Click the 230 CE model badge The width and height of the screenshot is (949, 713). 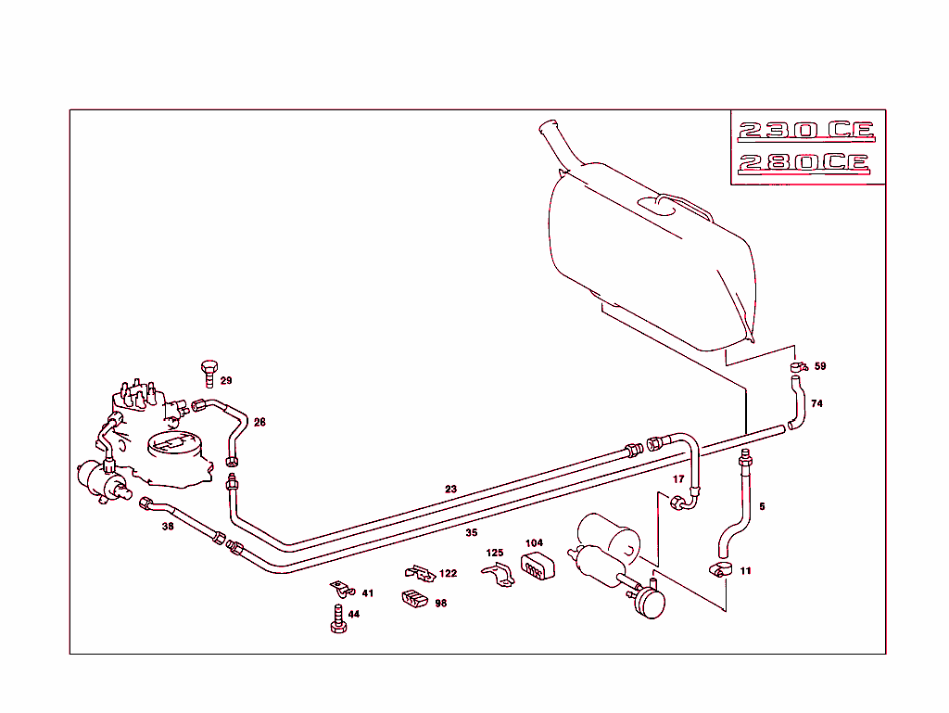point(805,130)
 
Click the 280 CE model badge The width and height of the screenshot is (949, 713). point(803,164)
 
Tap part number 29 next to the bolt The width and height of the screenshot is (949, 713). point(226,381)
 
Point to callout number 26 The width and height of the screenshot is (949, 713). point(259,423)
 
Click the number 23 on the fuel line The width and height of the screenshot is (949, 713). point(450,489)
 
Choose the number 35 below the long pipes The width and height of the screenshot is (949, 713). point(471,533)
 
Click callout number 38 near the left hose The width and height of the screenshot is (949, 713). point(168,526)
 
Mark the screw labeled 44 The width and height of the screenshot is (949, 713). point(338,619)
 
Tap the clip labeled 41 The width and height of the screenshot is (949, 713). point(342,589)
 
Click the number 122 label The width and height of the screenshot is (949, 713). point(449,574)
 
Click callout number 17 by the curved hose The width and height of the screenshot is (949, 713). point(678,479)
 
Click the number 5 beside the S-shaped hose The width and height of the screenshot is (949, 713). point(762,507)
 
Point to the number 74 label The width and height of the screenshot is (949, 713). point(816,404)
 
